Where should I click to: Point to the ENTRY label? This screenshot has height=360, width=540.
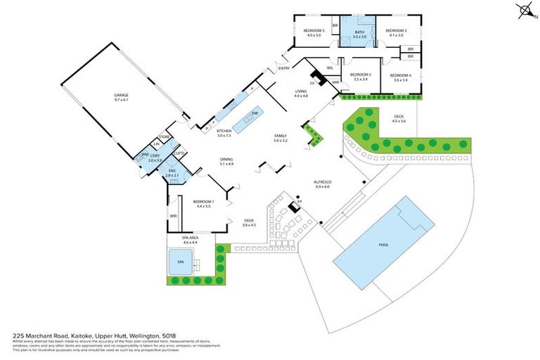pyautogui.click(x=284, y=68)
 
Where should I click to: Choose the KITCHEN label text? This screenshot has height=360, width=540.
pyautogui.click(x=224, y=131)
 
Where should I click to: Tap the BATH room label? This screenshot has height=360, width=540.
pyautogui.click(x=359, y=32)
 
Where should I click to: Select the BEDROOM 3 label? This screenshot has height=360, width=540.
pyautogui.click(x=314, y=31)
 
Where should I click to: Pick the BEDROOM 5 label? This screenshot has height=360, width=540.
pyautogui.click(x=361, y=75)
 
